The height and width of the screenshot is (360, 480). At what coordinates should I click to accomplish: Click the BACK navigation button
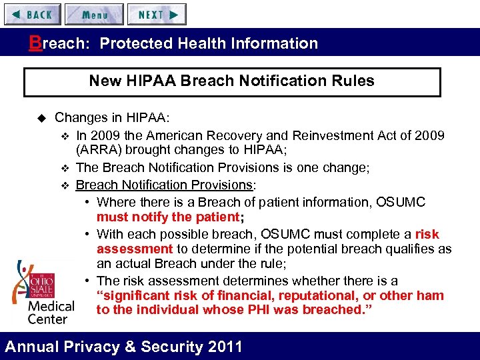pos(32,14)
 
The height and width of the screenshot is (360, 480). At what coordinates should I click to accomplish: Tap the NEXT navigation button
pos(157,14)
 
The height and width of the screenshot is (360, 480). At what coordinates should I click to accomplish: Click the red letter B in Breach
pos(34,43)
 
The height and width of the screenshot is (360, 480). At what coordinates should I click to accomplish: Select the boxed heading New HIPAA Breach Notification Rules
pos(231,81)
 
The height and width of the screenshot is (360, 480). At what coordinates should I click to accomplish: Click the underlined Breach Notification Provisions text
pos(163,185)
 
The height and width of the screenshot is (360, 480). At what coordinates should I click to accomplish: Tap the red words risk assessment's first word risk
pos(427,234)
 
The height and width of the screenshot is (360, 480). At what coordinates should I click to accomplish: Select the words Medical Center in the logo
pos(51,312)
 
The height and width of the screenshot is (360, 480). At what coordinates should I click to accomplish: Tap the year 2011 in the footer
pos(225,347)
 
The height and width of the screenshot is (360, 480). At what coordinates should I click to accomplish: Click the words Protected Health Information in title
pos(209,44)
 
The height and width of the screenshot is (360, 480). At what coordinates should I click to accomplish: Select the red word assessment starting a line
pos(135,249)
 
